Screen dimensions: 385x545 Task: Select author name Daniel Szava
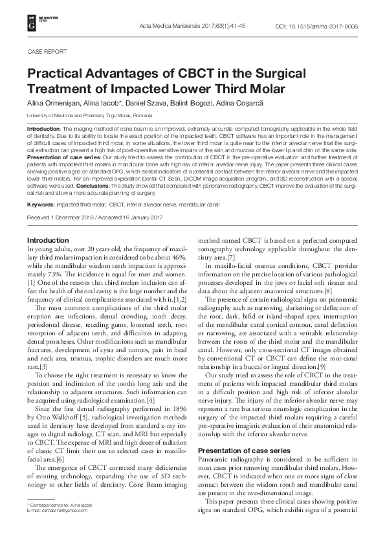point(151,104)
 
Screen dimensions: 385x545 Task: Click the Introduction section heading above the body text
point(48,241)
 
